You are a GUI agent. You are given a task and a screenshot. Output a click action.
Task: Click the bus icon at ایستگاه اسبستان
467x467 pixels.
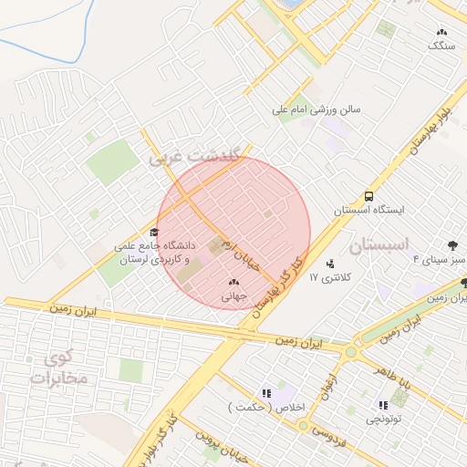click(x=368, y=195)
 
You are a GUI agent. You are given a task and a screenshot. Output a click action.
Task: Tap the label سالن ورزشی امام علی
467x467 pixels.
click(x=317, y=109)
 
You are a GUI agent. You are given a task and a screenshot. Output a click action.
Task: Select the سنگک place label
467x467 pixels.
click(x=440, y=44)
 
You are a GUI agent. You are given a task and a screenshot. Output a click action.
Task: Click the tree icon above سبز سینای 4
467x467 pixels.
click(x=451, y=244)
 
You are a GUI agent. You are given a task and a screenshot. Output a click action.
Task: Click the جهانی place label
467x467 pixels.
click(x=233, y=296)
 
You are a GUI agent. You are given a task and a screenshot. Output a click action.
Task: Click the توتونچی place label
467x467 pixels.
click(x=384, y=419)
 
